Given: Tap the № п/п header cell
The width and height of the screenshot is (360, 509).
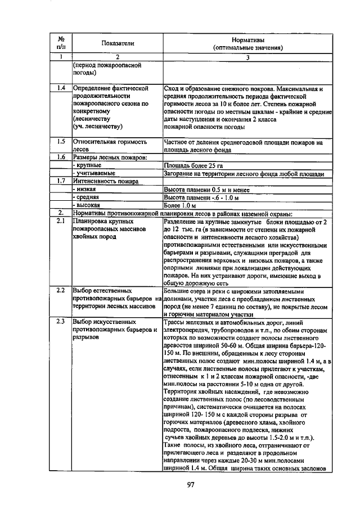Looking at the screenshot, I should coord(61,43).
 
